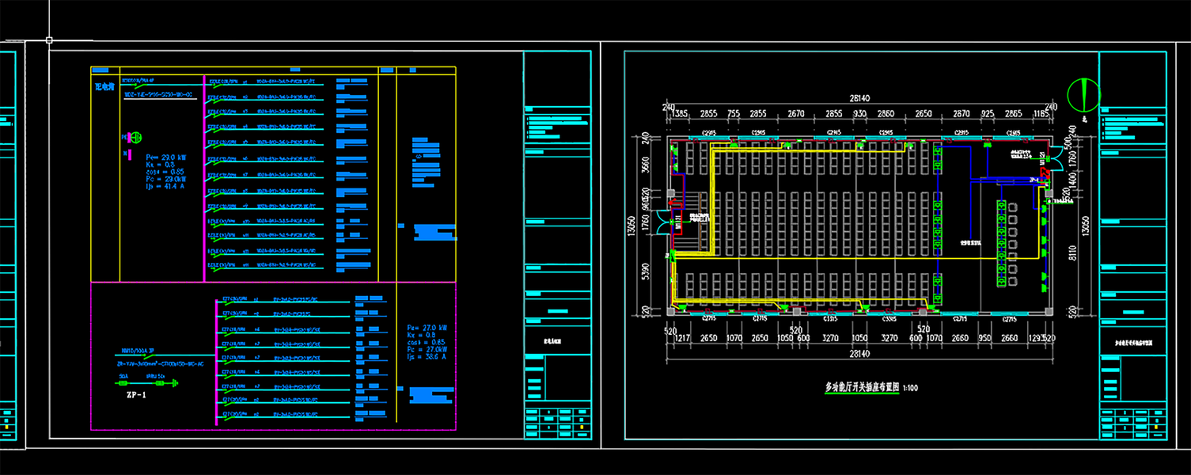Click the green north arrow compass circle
click(x=1083, y=94)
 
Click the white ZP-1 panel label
click(x=136, y=393)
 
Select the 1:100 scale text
click(x=910, y=388)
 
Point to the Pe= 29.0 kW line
click(x=165, y=157)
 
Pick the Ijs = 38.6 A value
click(x=427, y=357)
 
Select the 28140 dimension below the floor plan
click(x=859, y=354)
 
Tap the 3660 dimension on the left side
click(x=645, y=164)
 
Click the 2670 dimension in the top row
click(x=796, y=114)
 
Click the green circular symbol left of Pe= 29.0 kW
click(x=133, y=137)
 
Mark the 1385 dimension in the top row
click(x=679, y=114)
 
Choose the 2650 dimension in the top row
click(x=923, y=114)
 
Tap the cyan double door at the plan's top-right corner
click(x=1047, y=158)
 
